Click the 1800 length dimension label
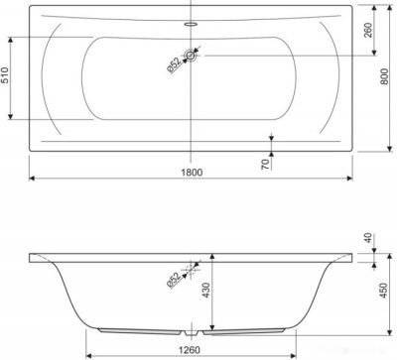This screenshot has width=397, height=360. coord(192,173)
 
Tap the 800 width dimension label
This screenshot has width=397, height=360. coord(384,76)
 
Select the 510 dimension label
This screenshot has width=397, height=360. coord(4,75)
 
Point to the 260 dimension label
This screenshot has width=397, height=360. coord(368,30)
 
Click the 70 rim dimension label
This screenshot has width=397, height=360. coord(266,165)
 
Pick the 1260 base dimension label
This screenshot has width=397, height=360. coord(190,349)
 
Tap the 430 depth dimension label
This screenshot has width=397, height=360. coord(206,291)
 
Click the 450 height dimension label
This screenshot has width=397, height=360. coord(383,291)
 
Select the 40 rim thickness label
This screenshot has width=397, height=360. coord(368,239)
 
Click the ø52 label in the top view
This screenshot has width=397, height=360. coord(174,65)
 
